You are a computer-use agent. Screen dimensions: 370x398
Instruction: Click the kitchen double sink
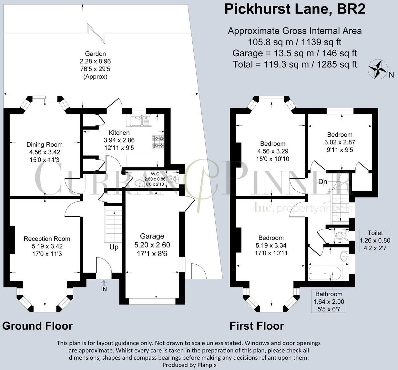(x=141, y=121)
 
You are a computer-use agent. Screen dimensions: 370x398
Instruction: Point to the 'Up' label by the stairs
(x=114, y=247)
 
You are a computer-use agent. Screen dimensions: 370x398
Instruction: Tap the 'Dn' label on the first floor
(x=322, y=182)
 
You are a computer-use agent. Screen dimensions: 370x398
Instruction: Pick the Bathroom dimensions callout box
(x=329, y=301)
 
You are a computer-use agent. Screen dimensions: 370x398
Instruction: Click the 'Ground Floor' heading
(x=37, y=326)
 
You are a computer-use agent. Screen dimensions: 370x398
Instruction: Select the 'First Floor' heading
(x=257, y=326)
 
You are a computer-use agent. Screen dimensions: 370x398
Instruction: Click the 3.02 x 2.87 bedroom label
(x=340, y=142)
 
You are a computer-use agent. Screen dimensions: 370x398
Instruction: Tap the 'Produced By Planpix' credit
(x=189, y=365)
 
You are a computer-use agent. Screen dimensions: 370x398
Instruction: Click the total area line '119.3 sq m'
(x=295, y=64)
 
